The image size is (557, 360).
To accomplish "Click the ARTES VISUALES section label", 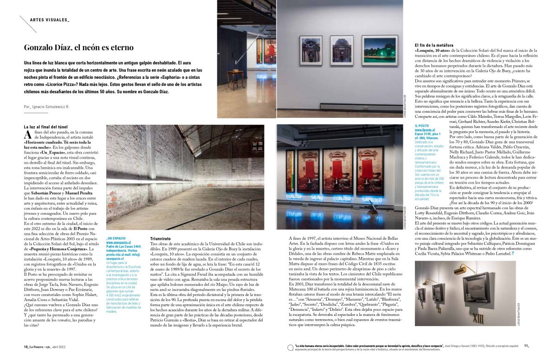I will [x=49, y=20].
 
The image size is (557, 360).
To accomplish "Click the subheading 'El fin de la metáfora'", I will [x=434, y=45].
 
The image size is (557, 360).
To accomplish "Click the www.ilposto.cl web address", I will [x=425, y=130].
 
